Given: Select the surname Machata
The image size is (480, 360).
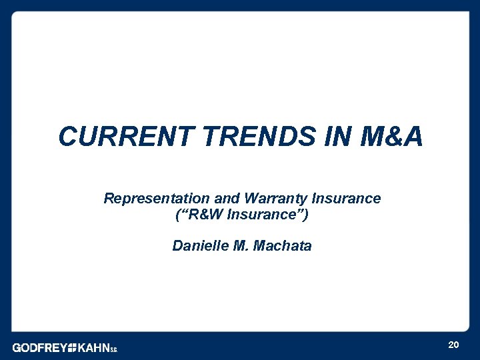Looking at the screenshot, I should pyautogui.click(x=282, y=246).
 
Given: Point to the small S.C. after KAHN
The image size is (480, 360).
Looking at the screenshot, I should pyautogui.click(x=113, y=349).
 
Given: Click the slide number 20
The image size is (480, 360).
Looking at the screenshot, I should pyautogui.click(x=453, y=345).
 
